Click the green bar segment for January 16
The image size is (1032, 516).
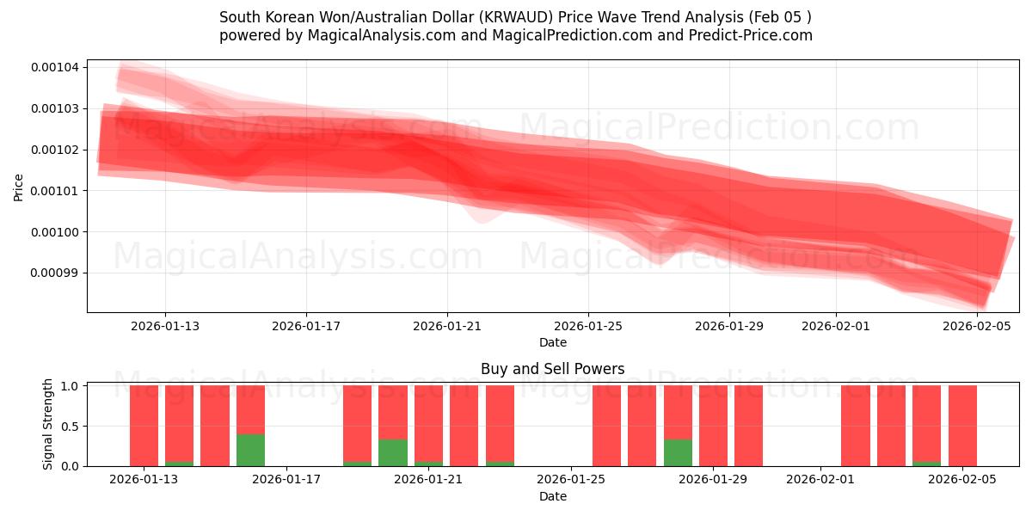pyautogui.click(x=250, y=450)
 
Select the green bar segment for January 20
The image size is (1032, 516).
pyautogui.click(x=393, y=452)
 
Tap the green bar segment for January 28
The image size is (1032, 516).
pyautogui.click(x=678, y=452)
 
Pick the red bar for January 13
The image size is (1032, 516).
pyautogui.click(x=144, y=426)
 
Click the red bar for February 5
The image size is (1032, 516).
pyautogui.click(x=962, y=426)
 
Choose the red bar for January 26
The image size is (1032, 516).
pyautogui.click(x=606, y=426)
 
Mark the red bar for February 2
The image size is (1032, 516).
pyautogui.click(x=856, y=426)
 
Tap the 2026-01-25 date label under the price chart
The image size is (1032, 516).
pyautogui.click(x=588, y=326)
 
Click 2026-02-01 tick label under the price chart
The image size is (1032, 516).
pyautogui.click(x=835, y=326)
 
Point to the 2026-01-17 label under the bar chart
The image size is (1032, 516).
pyautogui.click(x=286, y=479)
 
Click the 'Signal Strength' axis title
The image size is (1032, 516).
pyautogui.click(x=48, y=424)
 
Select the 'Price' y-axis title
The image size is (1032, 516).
pyautogui.click(x=19, y=187)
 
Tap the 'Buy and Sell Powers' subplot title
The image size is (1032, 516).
pyautogui.click(x=552, y=369)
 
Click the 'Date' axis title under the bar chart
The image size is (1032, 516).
pyautogui.click(x=552, y=496)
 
